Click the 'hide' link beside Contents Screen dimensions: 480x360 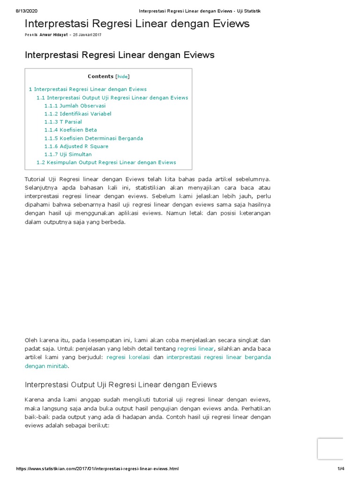(x=122, y=76)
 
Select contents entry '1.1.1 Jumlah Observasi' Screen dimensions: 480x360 (x=75, y=106)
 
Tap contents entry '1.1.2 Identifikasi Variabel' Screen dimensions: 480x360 (x=78, y=114)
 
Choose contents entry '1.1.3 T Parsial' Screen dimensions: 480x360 (x=63, y=122)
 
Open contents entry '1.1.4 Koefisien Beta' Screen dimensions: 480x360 (x=71, y=130)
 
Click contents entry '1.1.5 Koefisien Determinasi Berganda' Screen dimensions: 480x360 (x=94, y=138)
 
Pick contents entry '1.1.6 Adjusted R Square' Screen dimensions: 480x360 (x=76, y=146)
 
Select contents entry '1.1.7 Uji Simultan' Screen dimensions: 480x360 (x=68, y=154)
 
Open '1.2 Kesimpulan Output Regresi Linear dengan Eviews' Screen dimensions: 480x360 (x=106, y=162)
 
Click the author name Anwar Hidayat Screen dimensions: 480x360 (x=53, y=35)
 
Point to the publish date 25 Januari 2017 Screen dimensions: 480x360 (x=87, y=35)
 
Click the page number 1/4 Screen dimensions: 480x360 (x=341, y=469)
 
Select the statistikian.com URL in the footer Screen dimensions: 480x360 (x=97, y=469)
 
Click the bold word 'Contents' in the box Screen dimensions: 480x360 (x=100, y=76)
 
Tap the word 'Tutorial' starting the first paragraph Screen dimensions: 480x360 (x=35, y=179)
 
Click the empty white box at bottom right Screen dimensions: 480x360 (x=330, y=449)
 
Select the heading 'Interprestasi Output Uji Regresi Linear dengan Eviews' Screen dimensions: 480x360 (x=120, y=385)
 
